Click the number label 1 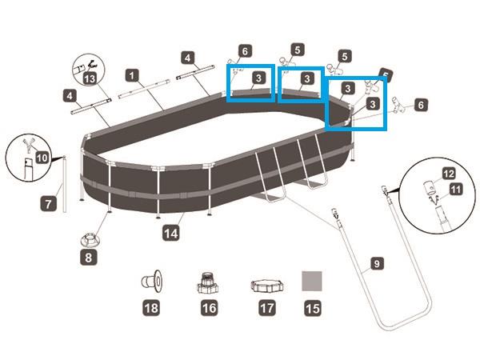click(x=132, y=74)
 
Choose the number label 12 click(x=449, y=173)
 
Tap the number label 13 click(x=90, y=78)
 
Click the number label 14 click(x=170, y=233)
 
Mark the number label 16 click(x=209, y=306)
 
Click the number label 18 click(x=150, y=306)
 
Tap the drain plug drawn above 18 click(x=150, y=281)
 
